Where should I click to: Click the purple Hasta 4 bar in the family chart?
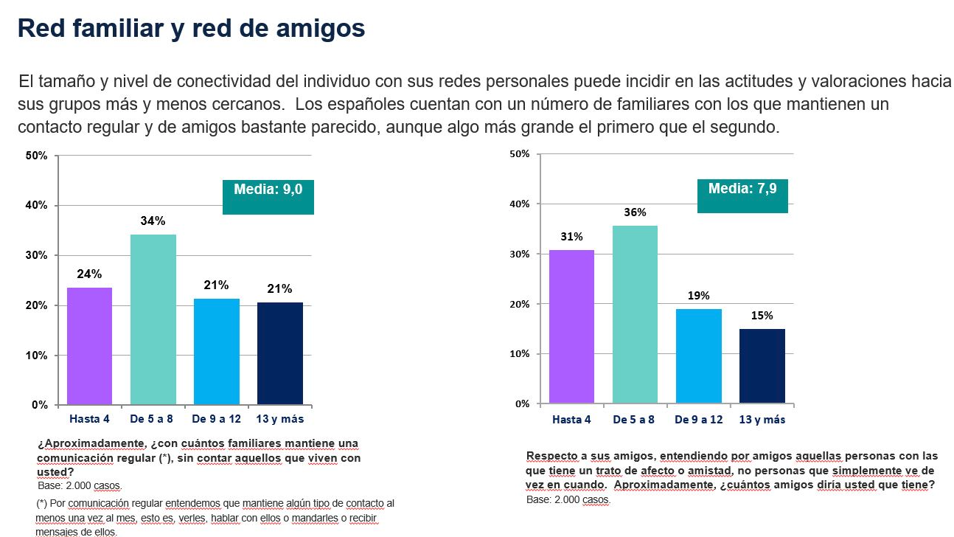(x=90, y=346)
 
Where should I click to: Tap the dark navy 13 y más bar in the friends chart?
(x=762, y=367)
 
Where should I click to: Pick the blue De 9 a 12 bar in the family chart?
(x=217, y=352)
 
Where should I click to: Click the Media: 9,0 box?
(x=268, y=197)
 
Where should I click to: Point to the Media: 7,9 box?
(x=742, y=196)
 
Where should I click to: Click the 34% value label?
(x=153, y=221)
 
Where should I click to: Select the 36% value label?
(x=635, y=212)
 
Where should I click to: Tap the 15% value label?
(x=762, y=316)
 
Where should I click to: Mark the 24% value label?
(x=90, y=274)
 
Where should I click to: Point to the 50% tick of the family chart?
(x=37, y=156)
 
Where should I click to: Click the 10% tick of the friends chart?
(x=521, y=354)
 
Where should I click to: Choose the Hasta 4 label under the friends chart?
(x=571, y=420)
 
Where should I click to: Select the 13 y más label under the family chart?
(x=280, y=420)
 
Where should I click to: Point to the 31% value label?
(x=571, y=237)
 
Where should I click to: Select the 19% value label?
(x=698, y=296)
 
